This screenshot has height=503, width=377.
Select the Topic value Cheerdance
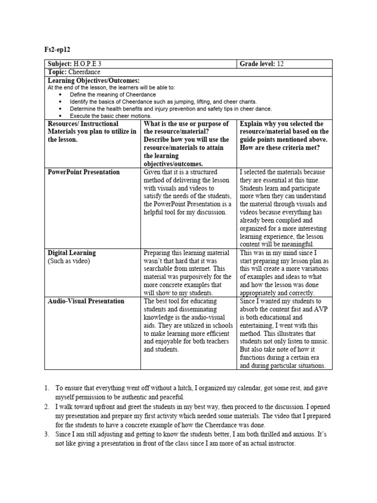pyautogui.click(x=84, y=72)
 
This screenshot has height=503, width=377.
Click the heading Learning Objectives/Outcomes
pyautogui.click(x=94, y=80)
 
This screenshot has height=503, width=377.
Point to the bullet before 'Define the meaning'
pyautogui.click(x=60, y=94)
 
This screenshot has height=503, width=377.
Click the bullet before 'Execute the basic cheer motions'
pyautogui.click(x=60, y=116)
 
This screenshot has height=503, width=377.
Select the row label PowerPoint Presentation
pyautogui.click(x=83, y=172)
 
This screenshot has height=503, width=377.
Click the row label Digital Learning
pyautogui.click(x=72, y=253)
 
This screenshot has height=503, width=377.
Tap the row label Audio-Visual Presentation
pyautogui.click(x=86, y=301)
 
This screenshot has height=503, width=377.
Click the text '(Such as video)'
pyautogui.click(x=69, y=261)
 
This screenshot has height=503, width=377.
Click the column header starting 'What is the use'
pyautogui.click(x=186, y=124)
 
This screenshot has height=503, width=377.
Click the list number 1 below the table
pyautogui.click(x=46, y=388)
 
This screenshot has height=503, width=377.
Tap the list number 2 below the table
pyautogui.click(x=46, y=407)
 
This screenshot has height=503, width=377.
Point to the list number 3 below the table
pyautogui.click(x=46, y=434)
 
